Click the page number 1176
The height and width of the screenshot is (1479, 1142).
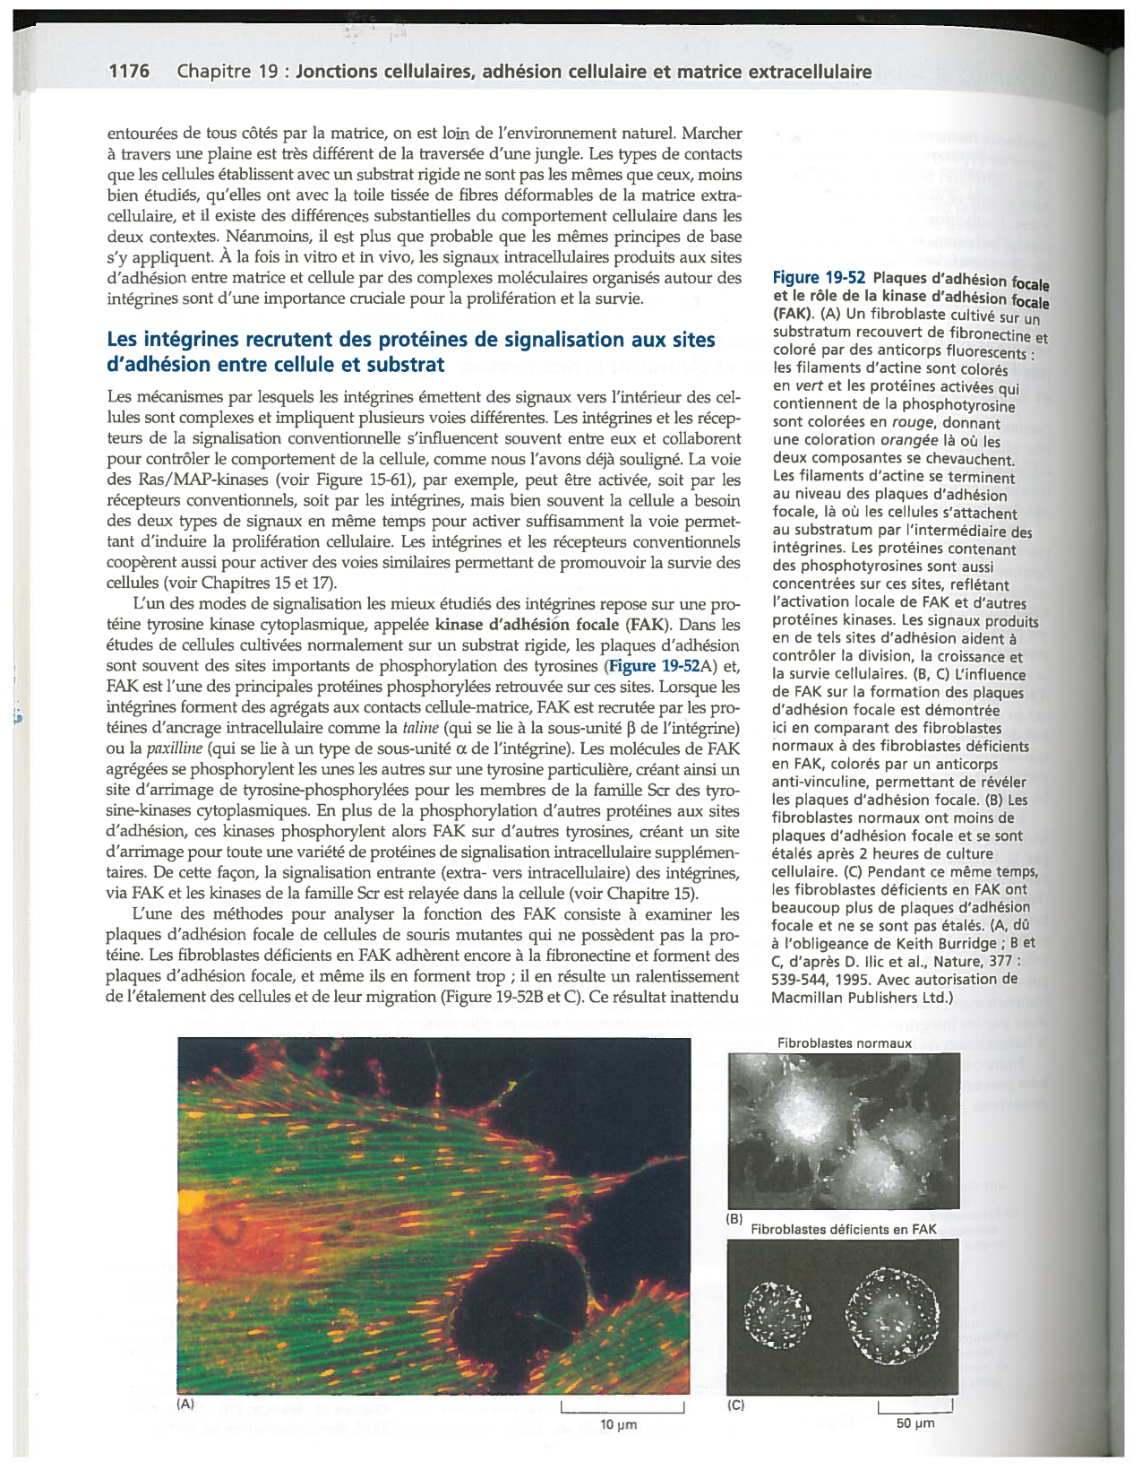(129, 72)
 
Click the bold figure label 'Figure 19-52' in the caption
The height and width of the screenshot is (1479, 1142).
(820, 279)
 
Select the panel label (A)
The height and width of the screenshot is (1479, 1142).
(185, 1405)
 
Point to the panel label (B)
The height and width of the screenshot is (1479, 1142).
(734, 1219)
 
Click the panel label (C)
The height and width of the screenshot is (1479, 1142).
(735, 1405)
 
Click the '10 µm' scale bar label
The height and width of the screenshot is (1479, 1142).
(618, 1425)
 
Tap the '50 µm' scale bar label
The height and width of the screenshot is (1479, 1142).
(915, 1423)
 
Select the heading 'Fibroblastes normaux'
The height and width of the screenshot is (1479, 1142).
(845, 1043)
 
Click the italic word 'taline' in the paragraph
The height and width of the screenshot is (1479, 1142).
(419, 728)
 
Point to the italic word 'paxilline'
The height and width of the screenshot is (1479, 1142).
(169, 748)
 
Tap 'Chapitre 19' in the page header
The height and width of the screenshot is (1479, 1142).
(228, 72)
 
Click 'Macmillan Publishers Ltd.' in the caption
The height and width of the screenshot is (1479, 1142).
(861, 998)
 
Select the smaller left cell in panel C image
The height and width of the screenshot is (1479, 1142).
(777, 1315)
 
